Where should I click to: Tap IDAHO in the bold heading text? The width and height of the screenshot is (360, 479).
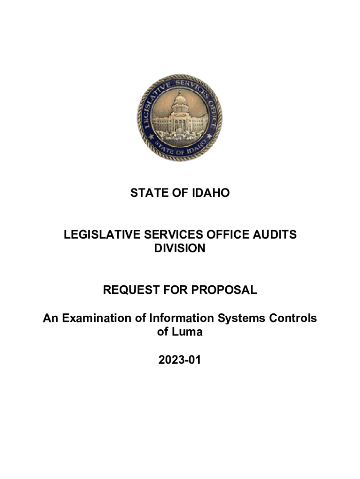tap(211, 193)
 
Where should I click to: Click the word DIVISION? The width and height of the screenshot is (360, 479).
tap(180, 248)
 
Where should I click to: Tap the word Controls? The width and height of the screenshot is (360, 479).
tap(292, 319)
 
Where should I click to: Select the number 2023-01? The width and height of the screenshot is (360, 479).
tap(180, 360)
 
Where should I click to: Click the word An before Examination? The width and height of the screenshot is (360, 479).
tap(50, 319)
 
